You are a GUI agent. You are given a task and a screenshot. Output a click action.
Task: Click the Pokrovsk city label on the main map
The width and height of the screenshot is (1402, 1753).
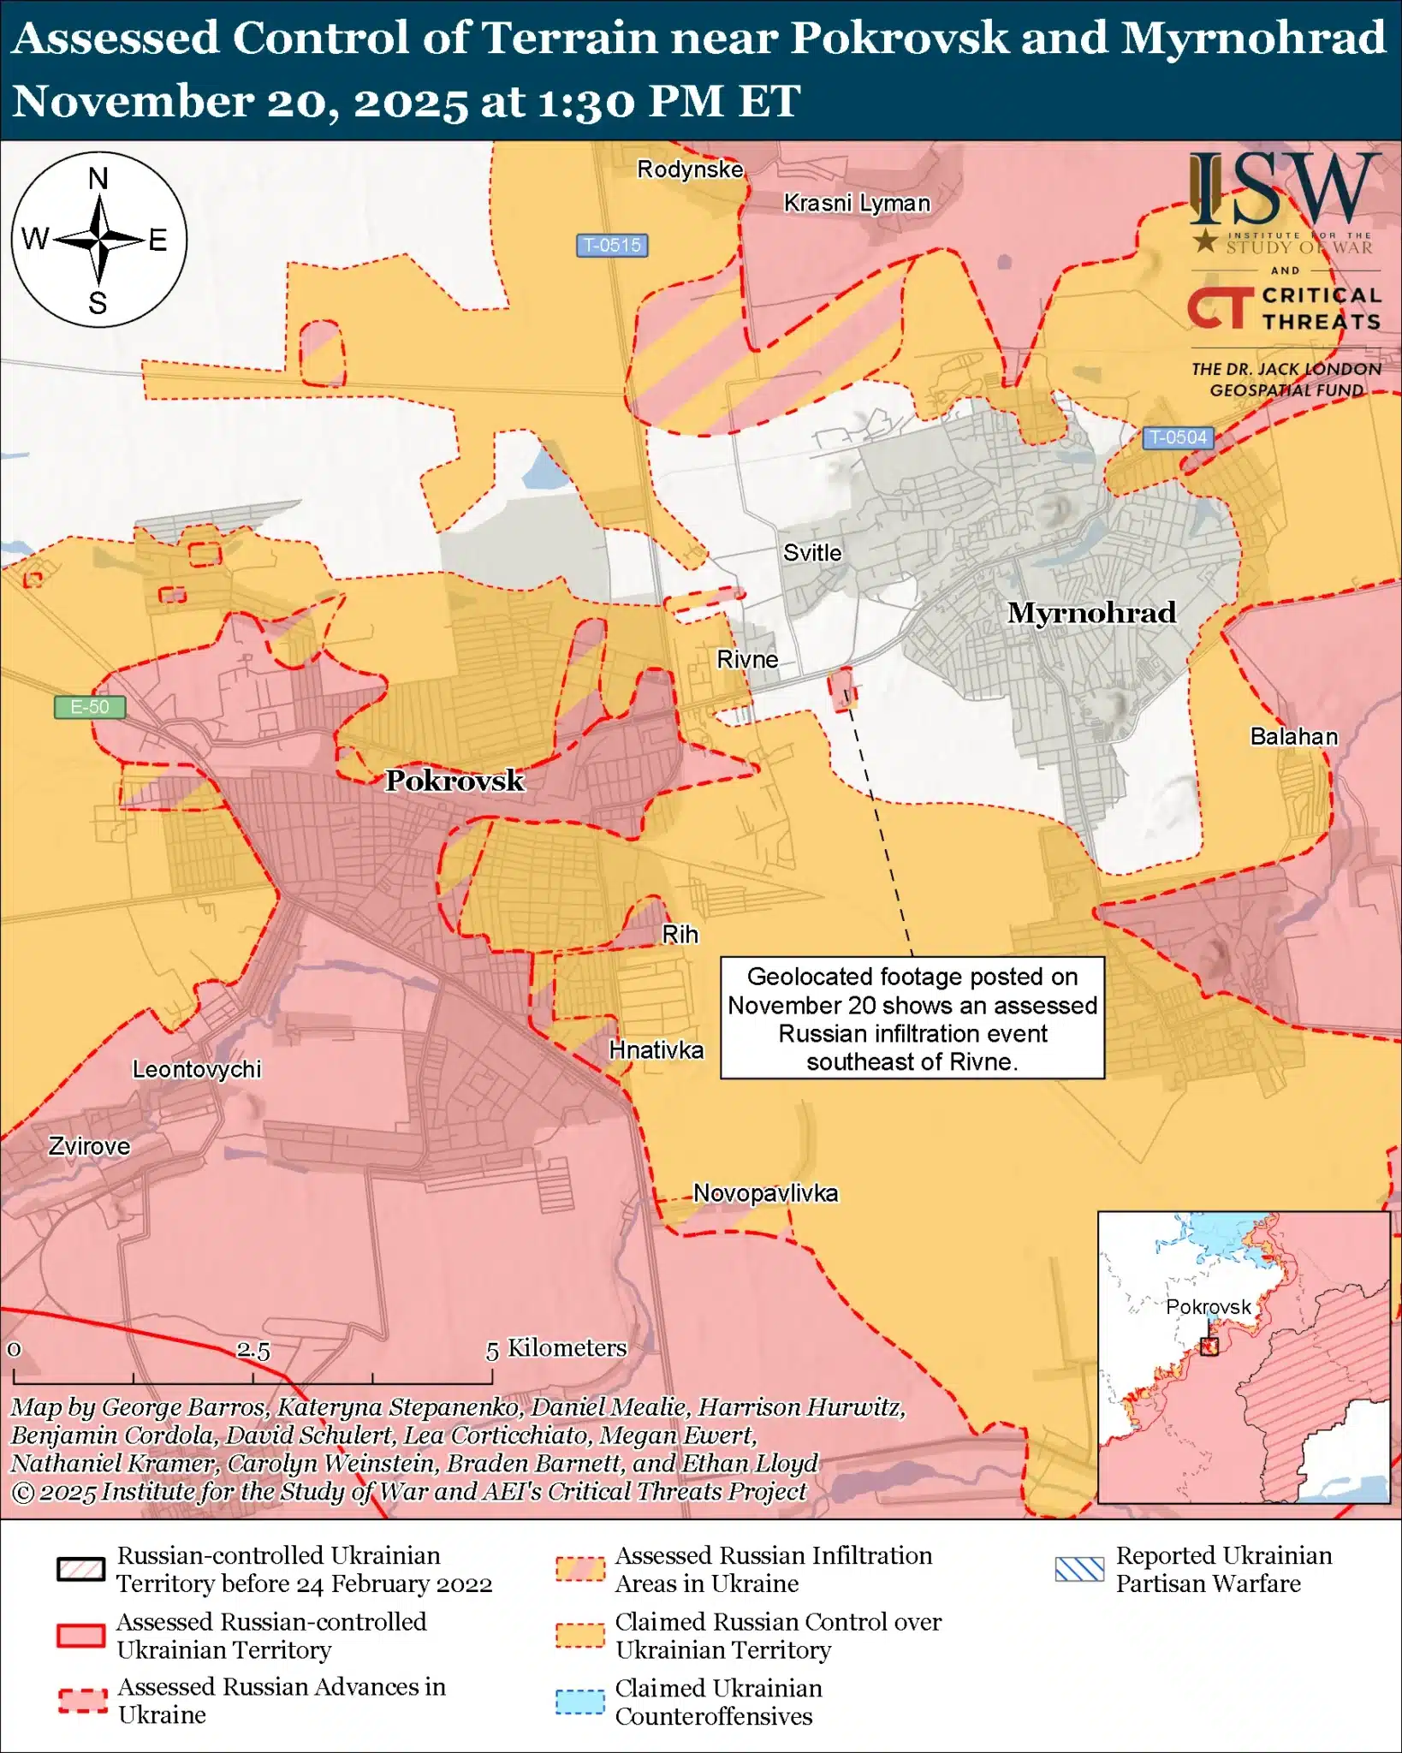coord(454,781)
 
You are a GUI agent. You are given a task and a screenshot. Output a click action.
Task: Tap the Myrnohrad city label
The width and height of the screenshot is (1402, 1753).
coord(1091,613)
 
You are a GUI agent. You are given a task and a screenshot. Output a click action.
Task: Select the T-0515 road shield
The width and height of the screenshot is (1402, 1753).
coord(611,246)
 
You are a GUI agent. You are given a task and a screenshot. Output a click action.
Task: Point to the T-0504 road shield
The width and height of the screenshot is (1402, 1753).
coord(1178,437)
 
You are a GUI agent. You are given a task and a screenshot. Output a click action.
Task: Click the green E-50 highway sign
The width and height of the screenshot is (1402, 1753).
coord(90,707)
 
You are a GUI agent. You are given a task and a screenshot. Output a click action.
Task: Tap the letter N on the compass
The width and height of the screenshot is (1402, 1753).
coord(98,179)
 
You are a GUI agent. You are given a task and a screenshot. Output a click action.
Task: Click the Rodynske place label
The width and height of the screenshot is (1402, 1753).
coord(690,169)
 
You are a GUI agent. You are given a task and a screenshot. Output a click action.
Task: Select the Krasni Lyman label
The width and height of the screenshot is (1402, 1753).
coord(857,204)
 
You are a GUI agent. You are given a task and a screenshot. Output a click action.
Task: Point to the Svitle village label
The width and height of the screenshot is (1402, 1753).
coord(812,553)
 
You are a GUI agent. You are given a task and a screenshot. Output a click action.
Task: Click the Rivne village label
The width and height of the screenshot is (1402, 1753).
coord(747,660)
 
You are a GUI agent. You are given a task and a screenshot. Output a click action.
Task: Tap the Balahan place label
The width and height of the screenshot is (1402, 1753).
coord(1293,736)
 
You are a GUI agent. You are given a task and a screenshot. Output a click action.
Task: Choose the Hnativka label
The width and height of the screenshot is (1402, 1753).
coord(656,1049)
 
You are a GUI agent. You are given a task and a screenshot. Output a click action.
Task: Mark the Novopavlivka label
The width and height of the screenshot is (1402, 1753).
coord(765,1193)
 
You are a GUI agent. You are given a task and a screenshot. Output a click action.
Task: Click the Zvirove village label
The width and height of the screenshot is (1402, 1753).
coord(89,1146)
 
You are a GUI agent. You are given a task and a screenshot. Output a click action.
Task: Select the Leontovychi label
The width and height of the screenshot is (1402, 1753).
coord(197,1069)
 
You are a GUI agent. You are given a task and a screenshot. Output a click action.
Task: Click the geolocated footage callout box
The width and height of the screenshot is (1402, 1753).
coord(912,1018)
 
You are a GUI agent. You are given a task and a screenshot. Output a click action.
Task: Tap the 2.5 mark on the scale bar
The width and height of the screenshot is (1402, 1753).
coord(253,1351)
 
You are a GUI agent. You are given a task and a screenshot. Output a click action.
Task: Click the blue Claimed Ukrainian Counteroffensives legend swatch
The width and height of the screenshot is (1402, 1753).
coord(579,1702)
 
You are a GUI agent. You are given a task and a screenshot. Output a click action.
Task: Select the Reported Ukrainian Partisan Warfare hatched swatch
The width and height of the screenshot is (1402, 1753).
coord(1079,1569)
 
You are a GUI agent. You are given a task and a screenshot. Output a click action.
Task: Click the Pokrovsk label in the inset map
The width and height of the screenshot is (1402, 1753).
coord(1209,1307)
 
